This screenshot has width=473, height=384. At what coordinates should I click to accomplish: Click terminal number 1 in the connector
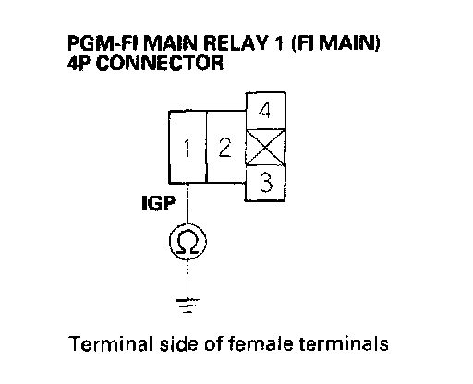(x=188, y=147)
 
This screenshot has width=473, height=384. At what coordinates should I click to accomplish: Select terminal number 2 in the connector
(x=225, y=147)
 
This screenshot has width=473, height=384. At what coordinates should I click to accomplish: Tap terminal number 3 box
(x=265, y=183)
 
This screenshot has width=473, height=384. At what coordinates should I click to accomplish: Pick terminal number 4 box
(x=265, y=111)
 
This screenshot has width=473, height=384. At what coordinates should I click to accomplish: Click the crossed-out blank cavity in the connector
(x=265, y=148)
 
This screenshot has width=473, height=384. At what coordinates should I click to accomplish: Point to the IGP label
(x=159, y=203)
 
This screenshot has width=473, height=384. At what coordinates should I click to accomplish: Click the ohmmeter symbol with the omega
(x=188, y=242)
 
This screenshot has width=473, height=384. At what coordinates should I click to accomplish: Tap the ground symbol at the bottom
(x=188, y=306)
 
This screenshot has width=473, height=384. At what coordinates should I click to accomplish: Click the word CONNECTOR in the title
(x=160, y=63)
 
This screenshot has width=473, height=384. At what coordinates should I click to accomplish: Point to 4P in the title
(x=79, y=63)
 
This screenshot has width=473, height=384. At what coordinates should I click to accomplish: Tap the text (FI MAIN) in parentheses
(x=335, y=43)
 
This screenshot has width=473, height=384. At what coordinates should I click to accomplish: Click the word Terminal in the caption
(x=111, y=343)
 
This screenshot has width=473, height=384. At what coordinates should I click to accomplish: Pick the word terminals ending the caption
(x=344, y=343)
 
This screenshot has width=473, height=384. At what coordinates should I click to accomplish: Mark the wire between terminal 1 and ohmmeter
(x=188, y=203)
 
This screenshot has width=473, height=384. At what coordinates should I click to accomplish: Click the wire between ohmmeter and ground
(x=188, y=279)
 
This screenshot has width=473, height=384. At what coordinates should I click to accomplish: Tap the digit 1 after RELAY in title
(x=278, y=43)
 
